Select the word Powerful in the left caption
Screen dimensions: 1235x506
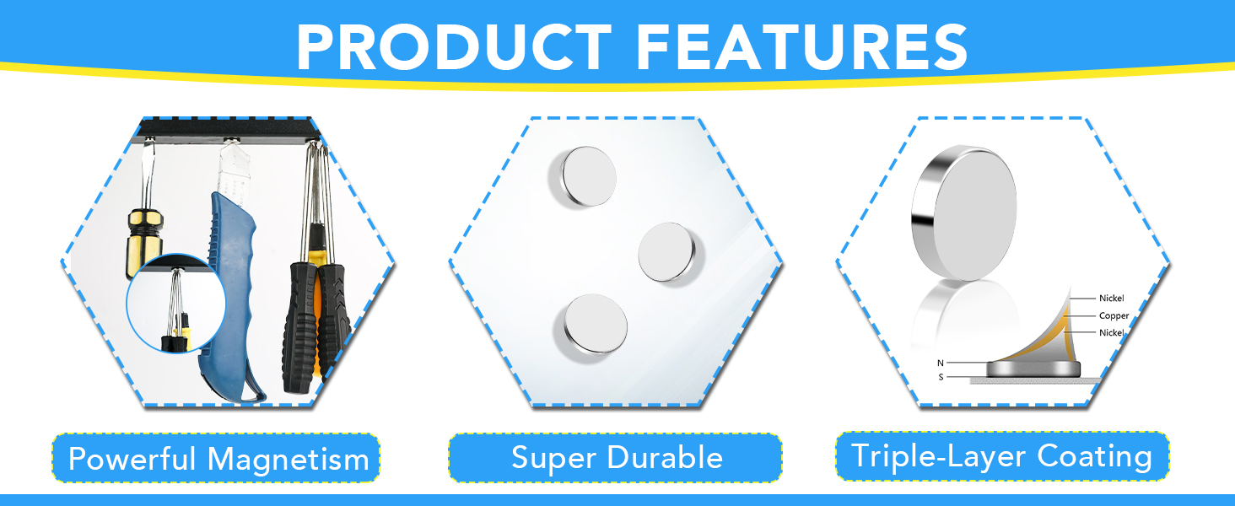132,458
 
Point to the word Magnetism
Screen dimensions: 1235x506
289,458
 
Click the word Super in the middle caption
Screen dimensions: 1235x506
553,458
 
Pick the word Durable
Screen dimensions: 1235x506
665,457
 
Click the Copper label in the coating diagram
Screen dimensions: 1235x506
1114,316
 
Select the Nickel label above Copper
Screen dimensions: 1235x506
1112,299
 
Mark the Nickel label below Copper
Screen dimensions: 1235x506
1112,333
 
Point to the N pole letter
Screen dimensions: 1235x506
941,363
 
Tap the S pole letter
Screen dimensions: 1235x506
941,377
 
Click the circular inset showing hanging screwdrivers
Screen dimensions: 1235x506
175,303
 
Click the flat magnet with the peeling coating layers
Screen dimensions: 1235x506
1033,369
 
